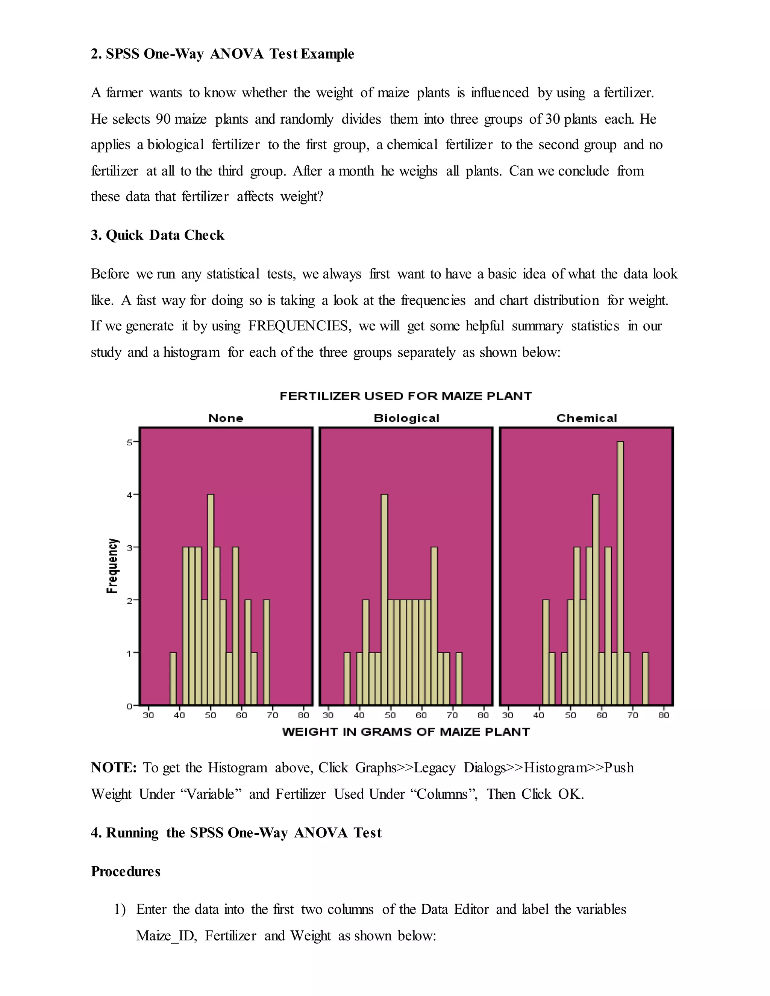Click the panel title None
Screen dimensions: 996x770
click(226, 418)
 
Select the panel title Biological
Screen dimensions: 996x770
click(406, 418)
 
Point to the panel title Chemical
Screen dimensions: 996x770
click(586, 418)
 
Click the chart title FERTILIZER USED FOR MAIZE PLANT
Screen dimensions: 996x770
click(406, 396)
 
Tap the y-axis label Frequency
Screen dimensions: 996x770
click(112, 566)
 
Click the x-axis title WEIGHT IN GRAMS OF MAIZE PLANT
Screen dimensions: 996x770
click(406, 732)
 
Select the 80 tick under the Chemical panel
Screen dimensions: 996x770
click(664, 716)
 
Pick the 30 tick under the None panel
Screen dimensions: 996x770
click(148, 716)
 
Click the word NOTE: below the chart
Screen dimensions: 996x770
click(114, 768)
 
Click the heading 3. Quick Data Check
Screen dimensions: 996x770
click(158, 235)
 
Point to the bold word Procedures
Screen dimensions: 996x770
click(126, 872)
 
